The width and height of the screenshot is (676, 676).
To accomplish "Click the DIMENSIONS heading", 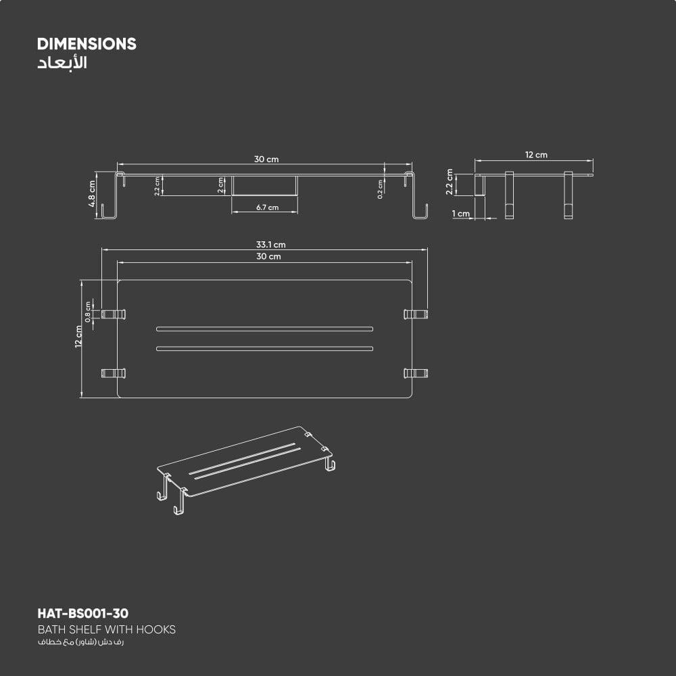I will (87, 45).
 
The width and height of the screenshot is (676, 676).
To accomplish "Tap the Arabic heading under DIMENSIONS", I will (62, 64).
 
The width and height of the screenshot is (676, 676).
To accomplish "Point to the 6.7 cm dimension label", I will (267, 208).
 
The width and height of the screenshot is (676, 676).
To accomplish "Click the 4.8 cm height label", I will (92, 195).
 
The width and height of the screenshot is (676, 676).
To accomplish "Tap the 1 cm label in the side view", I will (461, 214).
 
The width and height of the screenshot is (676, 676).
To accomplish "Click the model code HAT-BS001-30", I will (82, 614).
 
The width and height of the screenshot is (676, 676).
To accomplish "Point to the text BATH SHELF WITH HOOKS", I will (106, 629).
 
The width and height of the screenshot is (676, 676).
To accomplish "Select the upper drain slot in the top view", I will (264, 329).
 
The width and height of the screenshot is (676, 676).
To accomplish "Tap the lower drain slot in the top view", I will (264, 349).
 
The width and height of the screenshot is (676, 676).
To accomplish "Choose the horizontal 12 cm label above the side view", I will (536, 155).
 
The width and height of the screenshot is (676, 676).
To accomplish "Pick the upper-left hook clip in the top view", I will (114, 314).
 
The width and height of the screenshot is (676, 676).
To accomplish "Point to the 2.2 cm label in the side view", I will (450, 185).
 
